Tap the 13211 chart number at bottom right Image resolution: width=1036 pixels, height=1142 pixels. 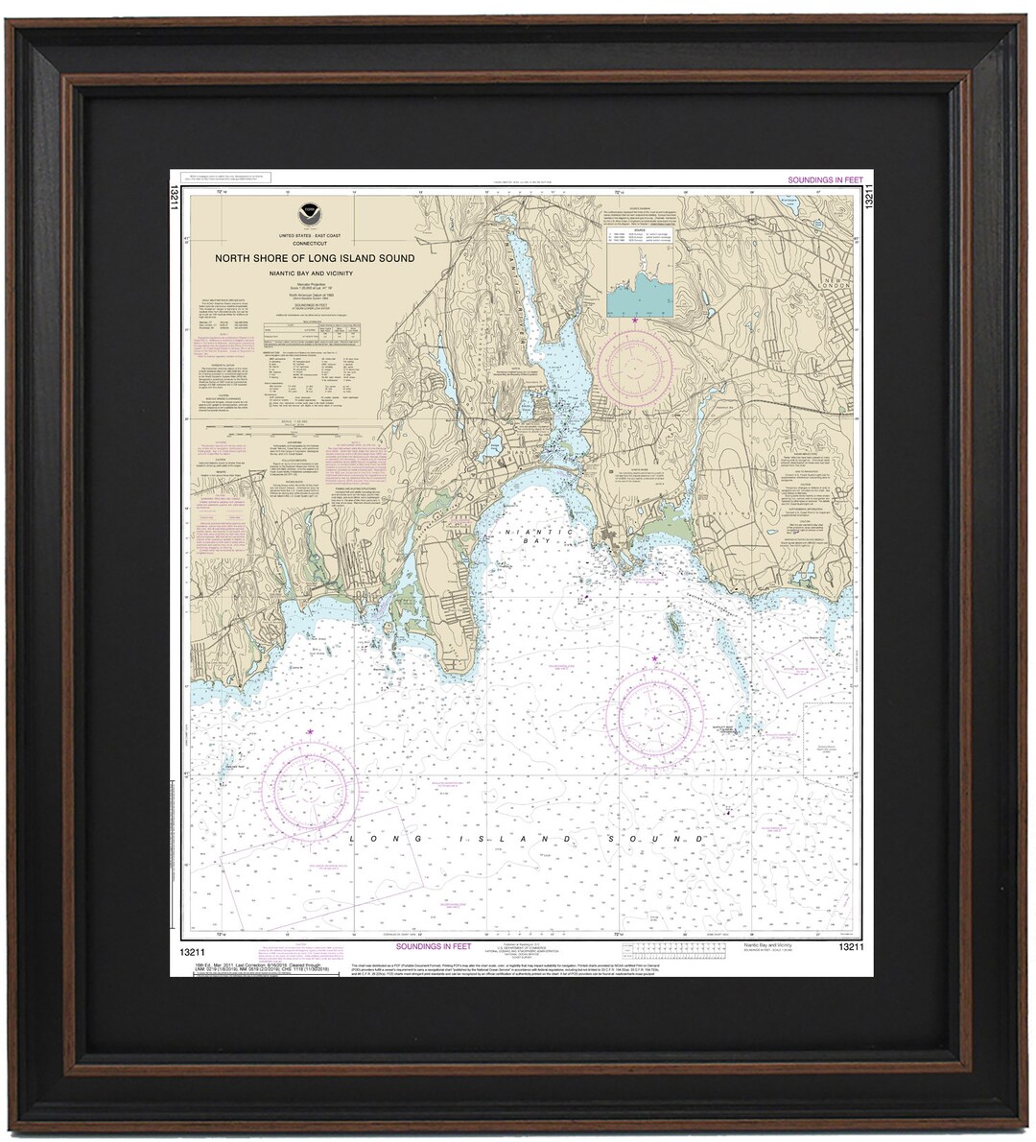pyautogui.click(x=852, y=948)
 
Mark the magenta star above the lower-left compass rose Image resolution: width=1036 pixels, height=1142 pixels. pyautogui.click(x=310, y=732)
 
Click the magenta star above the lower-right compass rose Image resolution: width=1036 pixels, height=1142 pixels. pyautogui.click(x=655, y=659)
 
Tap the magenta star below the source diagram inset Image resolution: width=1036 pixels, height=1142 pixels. pyautogui.click(x=634, y=319)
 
